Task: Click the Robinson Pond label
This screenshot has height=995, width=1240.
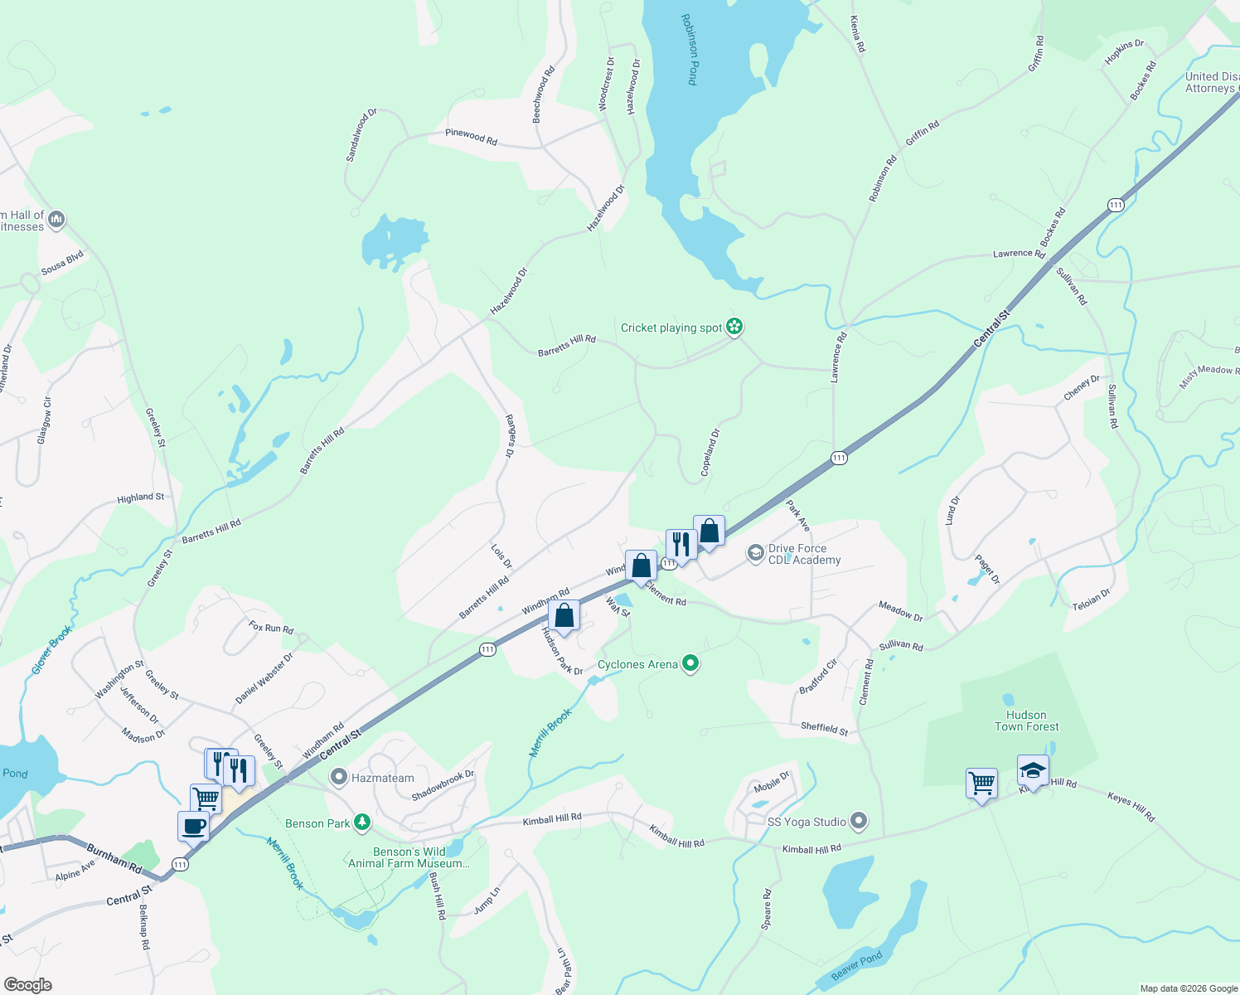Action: (x=690, y=49)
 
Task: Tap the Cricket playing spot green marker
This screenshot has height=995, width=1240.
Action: (x=734, y=327)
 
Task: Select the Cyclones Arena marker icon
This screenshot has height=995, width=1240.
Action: (x=690, y=663)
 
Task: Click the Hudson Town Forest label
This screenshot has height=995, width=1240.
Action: (x=1026, y=721)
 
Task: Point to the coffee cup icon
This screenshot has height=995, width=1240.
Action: (x=193, y=826)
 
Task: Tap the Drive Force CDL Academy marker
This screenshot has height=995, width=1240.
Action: (x=755, y=553)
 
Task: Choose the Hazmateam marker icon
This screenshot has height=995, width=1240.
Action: (x=338, y=778)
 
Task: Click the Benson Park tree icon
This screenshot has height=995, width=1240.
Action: (x=361, y=823)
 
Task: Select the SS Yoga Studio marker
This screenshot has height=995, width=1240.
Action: (x=859, y=822)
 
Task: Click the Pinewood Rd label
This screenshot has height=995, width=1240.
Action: (x=471, y=137)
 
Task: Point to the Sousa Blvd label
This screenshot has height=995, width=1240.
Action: (x=63, y=263)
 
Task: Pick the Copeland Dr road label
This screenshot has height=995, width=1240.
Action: (x=710, y=452)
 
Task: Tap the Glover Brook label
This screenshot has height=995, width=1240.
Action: (x=51, y=649)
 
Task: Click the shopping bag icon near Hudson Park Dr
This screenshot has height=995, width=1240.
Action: (x=564, y=616)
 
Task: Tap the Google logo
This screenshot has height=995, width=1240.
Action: (x=27, y=984)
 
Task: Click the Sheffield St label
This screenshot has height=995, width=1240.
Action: (x=824, y=728)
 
